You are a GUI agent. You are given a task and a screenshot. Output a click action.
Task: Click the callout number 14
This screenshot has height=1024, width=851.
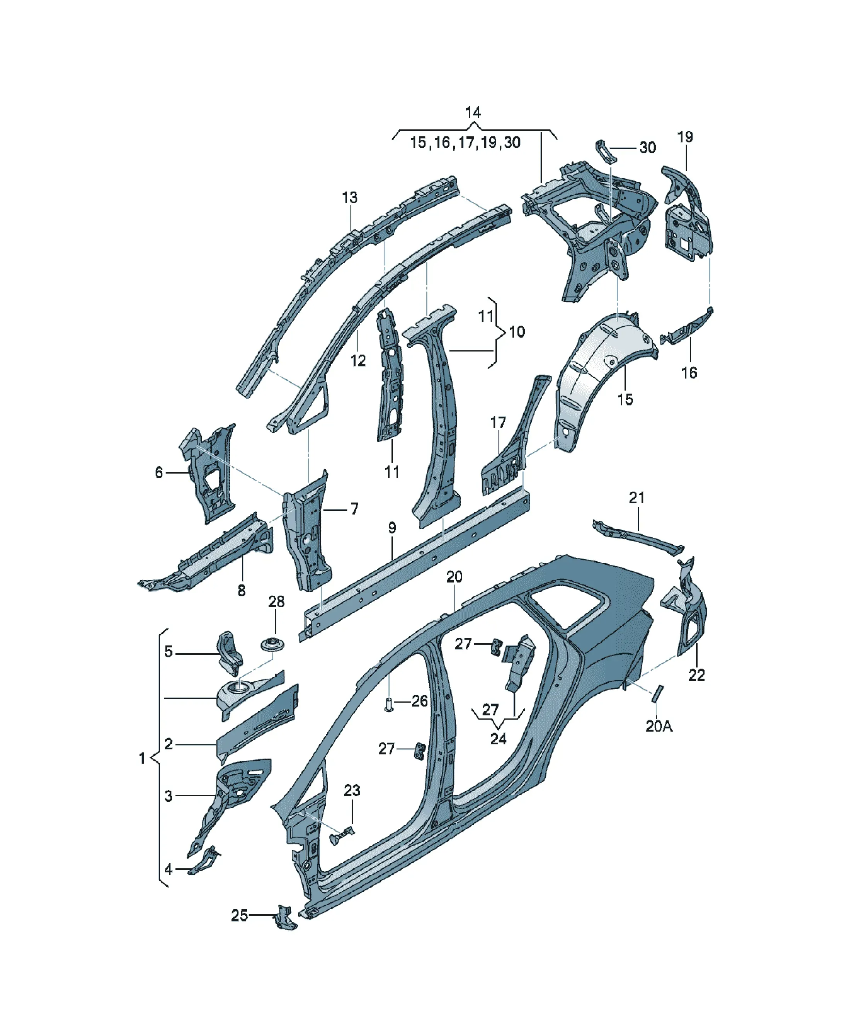(472, 113)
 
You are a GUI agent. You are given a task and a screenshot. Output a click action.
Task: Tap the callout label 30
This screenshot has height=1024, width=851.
(647, 147)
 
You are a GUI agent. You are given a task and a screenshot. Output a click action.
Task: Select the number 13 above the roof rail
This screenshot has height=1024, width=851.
(349, 198)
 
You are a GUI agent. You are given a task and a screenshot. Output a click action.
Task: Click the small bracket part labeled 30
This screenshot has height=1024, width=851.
(606, 152)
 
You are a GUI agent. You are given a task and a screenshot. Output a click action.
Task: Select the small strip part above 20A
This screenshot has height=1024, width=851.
(657, 693)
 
